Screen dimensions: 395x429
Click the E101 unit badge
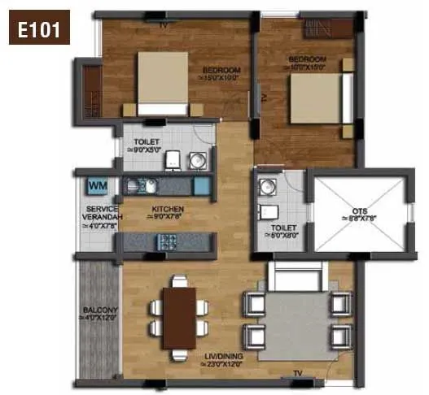pyautogui.click(x=39, y=31)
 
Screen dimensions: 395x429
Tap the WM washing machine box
pyautogui.click(x=97, y=187)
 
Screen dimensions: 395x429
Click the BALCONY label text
pyautogui.click(x=100, y=310)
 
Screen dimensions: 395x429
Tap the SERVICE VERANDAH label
pyautogui.click(x=102, y=214)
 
